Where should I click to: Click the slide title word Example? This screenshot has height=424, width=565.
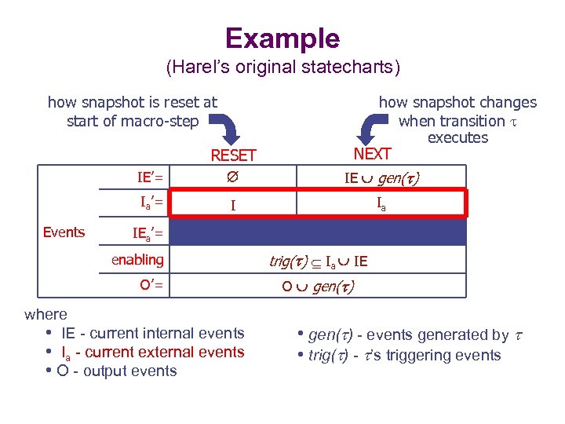click(282, 38)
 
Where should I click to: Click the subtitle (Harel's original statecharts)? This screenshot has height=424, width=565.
click(282, 68)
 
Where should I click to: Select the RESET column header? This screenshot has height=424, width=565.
click(233, 155)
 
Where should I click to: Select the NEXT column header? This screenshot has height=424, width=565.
click(372, 153)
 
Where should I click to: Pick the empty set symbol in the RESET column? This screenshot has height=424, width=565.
click(232, 178)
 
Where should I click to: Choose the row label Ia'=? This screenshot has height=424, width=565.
click(151, 203)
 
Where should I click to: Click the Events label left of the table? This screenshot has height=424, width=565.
click(64, 232)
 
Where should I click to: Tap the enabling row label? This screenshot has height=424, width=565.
click(137, 259)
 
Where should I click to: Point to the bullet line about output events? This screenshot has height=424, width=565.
click(117, 371)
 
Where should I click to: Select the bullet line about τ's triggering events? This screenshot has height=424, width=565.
click(399, 355)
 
